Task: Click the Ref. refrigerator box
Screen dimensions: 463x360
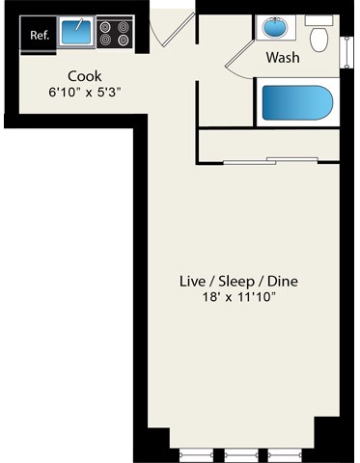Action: point(40,36)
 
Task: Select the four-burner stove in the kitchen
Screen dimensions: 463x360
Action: point(115,35)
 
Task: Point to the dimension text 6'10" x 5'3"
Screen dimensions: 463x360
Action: point(86,93)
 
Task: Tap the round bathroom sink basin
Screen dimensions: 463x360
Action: point(274,29)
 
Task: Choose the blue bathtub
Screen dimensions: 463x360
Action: point(297,101)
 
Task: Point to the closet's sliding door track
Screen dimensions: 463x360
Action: point(268,159)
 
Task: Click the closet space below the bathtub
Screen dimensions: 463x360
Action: point(268,143)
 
